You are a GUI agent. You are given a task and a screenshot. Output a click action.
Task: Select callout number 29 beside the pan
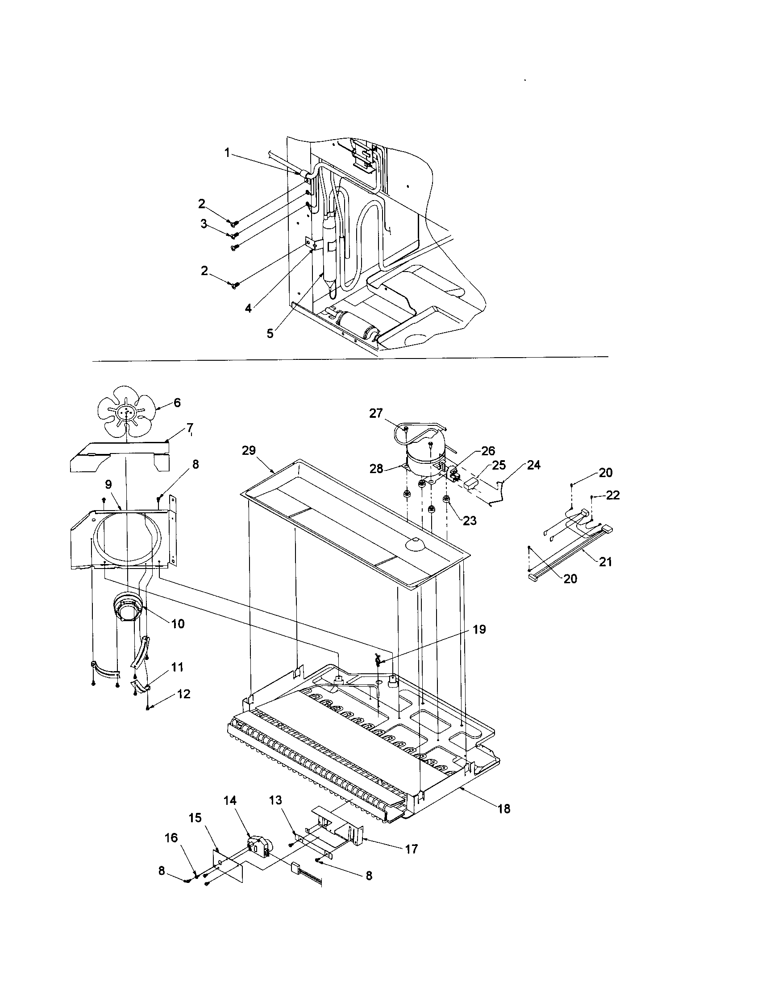(x=249, y=451)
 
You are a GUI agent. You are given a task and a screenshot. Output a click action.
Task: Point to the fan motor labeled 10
(x=127, y=607)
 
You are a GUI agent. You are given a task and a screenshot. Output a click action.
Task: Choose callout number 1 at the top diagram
(x=228, y=153)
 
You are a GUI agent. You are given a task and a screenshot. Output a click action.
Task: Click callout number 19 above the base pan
(x=479, y=629)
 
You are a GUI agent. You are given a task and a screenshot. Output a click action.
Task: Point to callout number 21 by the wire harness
(x=606, y=562)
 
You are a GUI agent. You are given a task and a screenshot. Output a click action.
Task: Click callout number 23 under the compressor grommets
(x=470, y=520)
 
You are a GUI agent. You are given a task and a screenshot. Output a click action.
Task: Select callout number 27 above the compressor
(x=376, y=413)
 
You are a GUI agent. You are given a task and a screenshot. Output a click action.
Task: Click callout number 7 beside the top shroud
(x=190, y=428)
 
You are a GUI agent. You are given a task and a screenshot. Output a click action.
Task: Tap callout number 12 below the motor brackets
(x=184, y=694)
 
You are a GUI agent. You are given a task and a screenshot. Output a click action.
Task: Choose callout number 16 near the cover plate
(x=171, y=838)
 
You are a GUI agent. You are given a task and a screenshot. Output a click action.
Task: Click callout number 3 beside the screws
(x=204, y=224)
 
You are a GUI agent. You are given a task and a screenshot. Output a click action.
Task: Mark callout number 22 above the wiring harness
(x=613, y=495)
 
